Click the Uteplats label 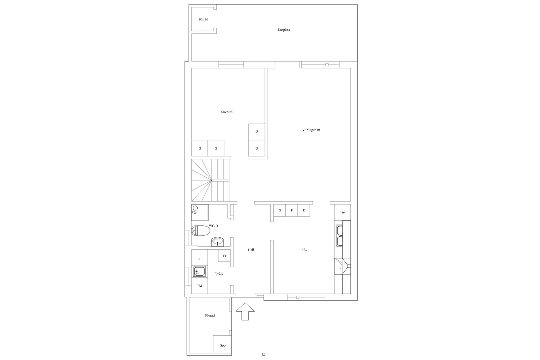pyautogui.click(x=284, y=30)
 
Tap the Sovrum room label pyautogui.click(x=227, y=112)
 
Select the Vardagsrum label pyautogui.click(x=311, y=130)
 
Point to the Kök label pyautogui.click(x=304, y=250)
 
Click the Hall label pyautogui.click(x=251, y=250)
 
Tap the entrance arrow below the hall pyautogui.click(x=245, y=312)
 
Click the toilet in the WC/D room pyautogui.click(x=201, y=231)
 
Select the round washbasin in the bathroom pyautogui.click(x=218, y=242)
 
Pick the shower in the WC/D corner pyautogui.click(x=200, y=212)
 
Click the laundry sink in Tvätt pyautogui.click(x=199, y=272)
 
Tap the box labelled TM pyautogui.click(x=199, y=286)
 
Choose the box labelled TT pyautogui.click(x=224, y=256)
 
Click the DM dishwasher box pyautogui.click(x=343, y=213)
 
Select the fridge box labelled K pyautogui.click(x=304, y=210)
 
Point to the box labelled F pyautogui.click(x=292, y=210)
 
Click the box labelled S pyautogui.click(x=280, y=210)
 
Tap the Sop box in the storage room pyautogui.click(x=223, y=345)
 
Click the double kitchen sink pyautogui.click(x=339, y=236)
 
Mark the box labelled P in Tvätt pyautogui.click(x=199, y=258)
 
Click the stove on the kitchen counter pyautogui.click(x=342, y=266)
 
